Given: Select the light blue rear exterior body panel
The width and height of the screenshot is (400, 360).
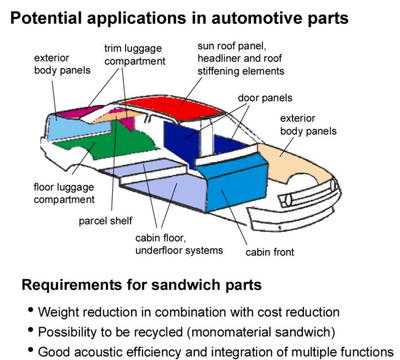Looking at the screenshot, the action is [74, 128].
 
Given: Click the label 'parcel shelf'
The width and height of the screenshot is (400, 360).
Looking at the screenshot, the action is [105, 221].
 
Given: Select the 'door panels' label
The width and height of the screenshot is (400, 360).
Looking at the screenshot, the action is [265, 98].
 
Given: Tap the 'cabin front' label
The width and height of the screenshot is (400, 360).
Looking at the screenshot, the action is [270, 252].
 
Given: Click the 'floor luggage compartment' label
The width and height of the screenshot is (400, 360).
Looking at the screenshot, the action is [64, 193].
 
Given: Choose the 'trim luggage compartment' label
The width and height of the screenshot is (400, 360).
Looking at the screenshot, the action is [135, 55].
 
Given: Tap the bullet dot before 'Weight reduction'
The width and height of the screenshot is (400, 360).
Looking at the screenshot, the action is [31, 310].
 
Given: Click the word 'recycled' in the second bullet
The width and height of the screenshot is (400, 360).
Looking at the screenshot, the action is [159, 332].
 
